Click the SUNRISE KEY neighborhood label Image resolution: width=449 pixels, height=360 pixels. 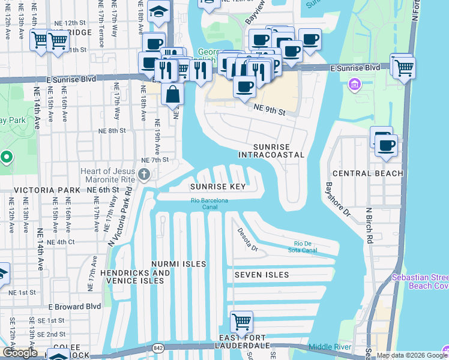(218, 187)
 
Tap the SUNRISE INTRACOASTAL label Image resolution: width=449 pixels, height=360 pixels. (271, 151)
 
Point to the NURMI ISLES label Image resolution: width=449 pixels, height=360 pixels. (178, 264)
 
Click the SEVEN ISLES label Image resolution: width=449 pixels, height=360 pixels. (262, 275)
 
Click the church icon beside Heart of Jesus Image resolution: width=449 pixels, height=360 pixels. (143, 175)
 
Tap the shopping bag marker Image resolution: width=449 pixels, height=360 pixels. (172, 95)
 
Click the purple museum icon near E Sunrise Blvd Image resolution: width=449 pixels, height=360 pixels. (355, 84)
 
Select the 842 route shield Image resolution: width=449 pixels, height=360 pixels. (158, 347)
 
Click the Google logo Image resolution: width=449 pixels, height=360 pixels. (20, 353)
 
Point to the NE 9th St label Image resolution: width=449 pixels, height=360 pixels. (269, 108)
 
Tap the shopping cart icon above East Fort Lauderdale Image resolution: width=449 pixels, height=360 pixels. (241, 321)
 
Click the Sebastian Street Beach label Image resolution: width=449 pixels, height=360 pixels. (420, 281)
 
